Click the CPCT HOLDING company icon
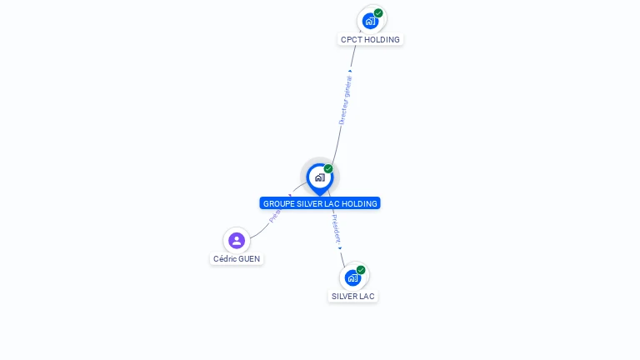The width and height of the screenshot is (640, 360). click(x=371, y=21)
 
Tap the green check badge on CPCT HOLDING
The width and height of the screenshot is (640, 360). click(x=378, y=13)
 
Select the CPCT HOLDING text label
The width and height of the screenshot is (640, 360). click(x=370, y=39)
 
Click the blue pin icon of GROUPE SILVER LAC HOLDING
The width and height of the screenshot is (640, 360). click(x=319, y=177)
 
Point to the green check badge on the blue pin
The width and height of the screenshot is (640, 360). click(x=328, y=169)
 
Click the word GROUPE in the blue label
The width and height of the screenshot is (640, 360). click(x=279, y=203)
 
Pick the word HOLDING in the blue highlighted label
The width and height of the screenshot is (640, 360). click(x=359, y=203)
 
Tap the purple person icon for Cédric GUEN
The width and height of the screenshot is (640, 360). click(x=237, y=241)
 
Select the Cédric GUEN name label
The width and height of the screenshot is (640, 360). click(x=237, y=259)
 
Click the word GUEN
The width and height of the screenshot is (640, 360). click(x=249, y=259)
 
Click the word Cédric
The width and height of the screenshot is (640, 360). click(x=224, y=259)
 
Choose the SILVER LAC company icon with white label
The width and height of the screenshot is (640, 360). click(x=353, y=277)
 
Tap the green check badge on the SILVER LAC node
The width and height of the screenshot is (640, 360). click(x=361, y=270)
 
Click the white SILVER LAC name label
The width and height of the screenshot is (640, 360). click(x=353, y=296)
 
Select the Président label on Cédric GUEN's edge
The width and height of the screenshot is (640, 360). click(x=276, y=213)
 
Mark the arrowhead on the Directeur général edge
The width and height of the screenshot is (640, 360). click(x=351, y=72)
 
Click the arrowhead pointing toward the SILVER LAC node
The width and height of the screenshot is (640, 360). click(x=340, y=247)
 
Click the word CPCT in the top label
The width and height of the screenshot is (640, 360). click(x=351, y=39)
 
